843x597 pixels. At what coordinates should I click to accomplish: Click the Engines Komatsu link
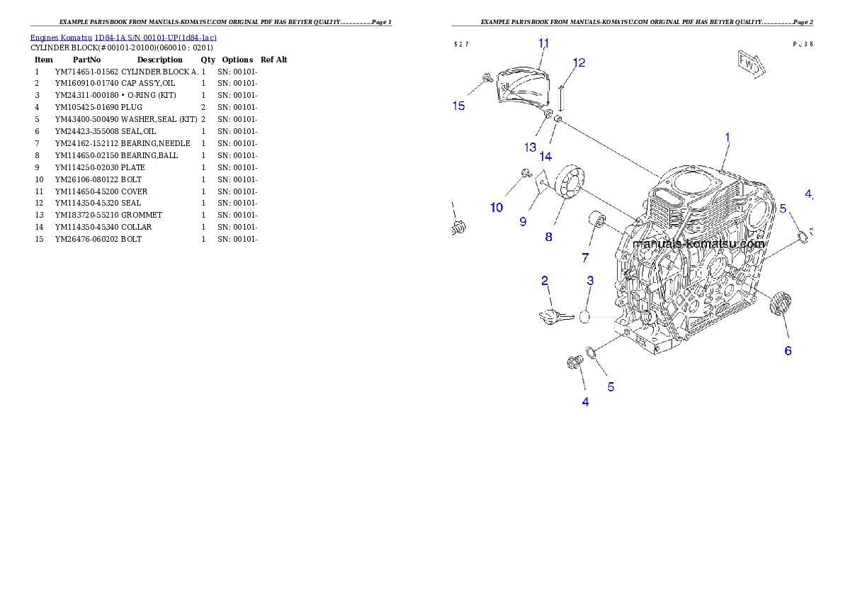click(x=61, y=38)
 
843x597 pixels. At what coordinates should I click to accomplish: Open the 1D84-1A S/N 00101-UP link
click(x=155, y=38)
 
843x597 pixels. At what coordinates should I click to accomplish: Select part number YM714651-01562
click(x=86, y=72)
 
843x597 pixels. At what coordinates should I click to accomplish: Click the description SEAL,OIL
click(x=138, y=131)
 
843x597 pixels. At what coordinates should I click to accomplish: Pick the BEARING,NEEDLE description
click(x=155, y=143)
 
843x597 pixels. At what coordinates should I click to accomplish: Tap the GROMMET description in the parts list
click(x=142, y=215)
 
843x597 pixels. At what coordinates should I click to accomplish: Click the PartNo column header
click(x=86, y=60)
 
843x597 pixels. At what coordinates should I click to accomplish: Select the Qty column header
click(x=208, y=60)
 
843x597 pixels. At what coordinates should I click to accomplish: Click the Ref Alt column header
click(x=274, y=60)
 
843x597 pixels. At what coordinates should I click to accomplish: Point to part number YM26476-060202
click(x=86, y=239)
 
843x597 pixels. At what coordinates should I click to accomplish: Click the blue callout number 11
click(x=543, y=43)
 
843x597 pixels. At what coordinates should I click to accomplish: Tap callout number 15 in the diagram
click(x=458, y=106)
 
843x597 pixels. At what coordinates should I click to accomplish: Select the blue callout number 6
click(x=788, y=351)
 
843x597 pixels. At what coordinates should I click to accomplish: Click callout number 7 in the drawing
click(x=585, y=258)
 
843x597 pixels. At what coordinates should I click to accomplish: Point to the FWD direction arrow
click(x=751, y=64)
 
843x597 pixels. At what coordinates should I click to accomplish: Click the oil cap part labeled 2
click(x=552, y=316)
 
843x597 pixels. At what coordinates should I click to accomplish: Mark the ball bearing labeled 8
click(x=570, y=182)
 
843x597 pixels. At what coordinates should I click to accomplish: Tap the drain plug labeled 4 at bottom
click(x=575, y=363)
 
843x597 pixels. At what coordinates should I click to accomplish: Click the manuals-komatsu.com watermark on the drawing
click(x=698, y=244)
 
